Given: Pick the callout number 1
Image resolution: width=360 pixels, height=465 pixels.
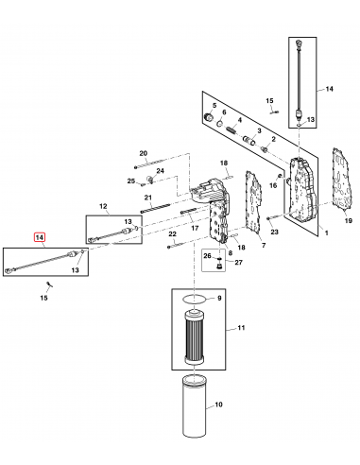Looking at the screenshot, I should (326, 232).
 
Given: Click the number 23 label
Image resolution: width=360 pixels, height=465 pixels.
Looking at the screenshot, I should (275, 231).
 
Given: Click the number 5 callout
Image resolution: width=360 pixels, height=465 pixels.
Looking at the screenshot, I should (214, 104).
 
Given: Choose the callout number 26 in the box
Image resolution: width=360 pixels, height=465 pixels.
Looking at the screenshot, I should (206, 256).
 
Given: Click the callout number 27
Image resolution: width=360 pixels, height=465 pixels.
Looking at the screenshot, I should (225, 263).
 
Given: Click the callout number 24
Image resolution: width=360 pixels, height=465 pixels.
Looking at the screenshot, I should (161, 170).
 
